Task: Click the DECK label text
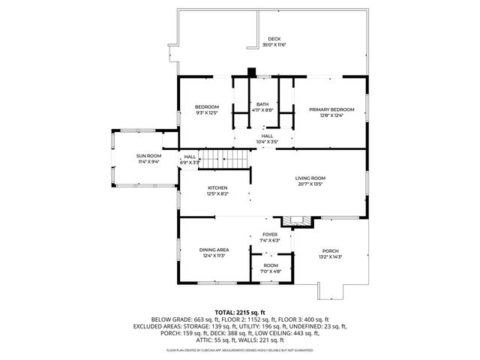coord(274,39)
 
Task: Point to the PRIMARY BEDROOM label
coord(331,109)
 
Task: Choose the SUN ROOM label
coord(147,156)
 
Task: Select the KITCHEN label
coord(217,187)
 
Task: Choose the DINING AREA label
coord(214,249)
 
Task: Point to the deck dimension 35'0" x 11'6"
coord(274,45)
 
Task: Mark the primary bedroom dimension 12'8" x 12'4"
coord(331,115)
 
